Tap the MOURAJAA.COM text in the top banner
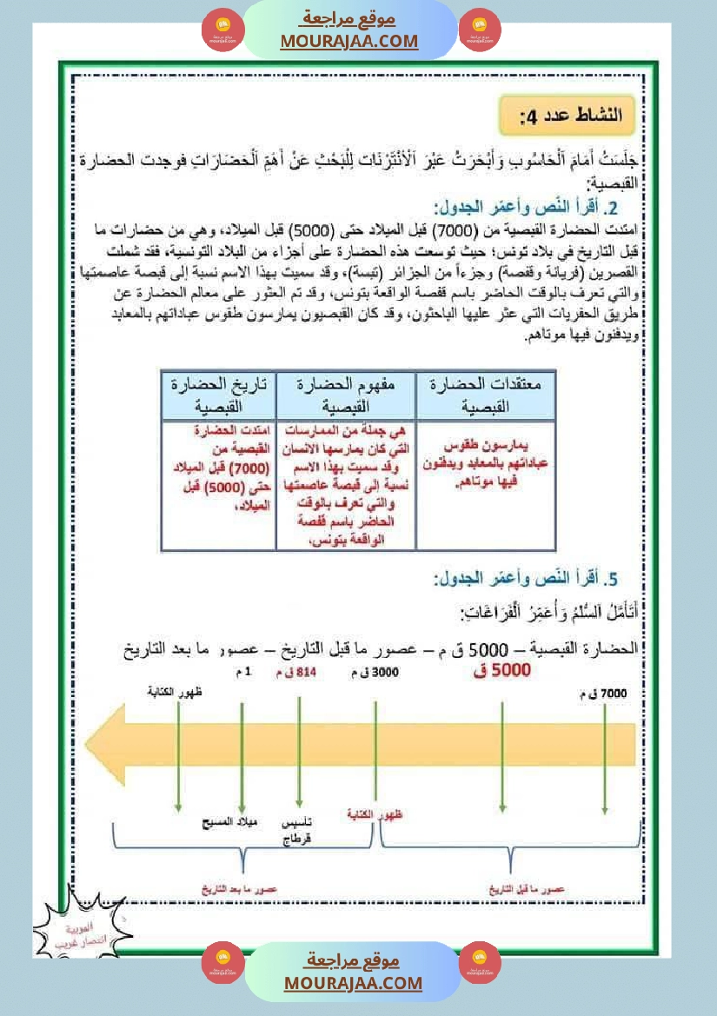click(349, 41)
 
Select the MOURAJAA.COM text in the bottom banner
click(352, 983)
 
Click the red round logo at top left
click(221, 30)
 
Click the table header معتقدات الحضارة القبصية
click(485, 395)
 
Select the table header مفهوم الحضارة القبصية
click(346, 395)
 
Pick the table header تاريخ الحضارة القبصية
click(218, 395)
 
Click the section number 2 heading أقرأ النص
click(527, 209)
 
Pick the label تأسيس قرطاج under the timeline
click(299, 831)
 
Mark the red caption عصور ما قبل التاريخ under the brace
click(528, 890)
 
